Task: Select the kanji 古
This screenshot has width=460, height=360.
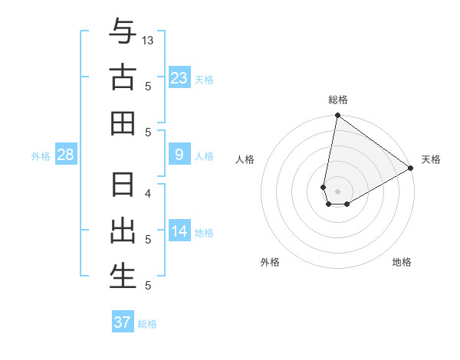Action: [x=123, y=77]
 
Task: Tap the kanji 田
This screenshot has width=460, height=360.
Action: [x=123, y=123]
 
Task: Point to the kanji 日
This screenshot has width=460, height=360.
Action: [x=123, y=185]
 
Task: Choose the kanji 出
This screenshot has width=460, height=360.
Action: [x=123, y=231]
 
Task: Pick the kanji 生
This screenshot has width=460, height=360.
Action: [x=123, y=277]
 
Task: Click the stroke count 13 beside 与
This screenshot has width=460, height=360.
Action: [x=149, y=40]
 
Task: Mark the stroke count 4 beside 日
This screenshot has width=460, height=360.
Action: [x=149, y=193]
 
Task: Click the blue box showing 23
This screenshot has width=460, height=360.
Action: [x=179, y=77]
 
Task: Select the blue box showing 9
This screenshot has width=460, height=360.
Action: [x=179, y=155]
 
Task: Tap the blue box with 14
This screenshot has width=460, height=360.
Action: [x=179, y=231]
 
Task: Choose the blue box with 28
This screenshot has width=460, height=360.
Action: [x=66, y=155]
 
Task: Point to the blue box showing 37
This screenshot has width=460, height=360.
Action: [x=123, y=322]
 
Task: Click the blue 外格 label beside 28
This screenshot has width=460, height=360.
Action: [x=41, y=156]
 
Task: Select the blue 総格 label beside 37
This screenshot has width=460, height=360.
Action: [x=147, y=324]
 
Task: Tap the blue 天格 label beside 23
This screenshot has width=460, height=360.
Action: [x=204, y=79]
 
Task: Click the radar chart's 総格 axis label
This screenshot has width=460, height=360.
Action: [x=338, y=100]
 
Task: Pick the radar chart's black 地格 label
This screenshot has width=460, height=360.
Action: [x=402, y=262]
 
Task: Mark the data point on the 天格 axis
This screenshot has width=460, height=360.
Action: [x=411, y=169]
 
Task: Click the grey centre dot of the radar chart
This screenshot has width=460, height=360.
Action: [x=338, y=191]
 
